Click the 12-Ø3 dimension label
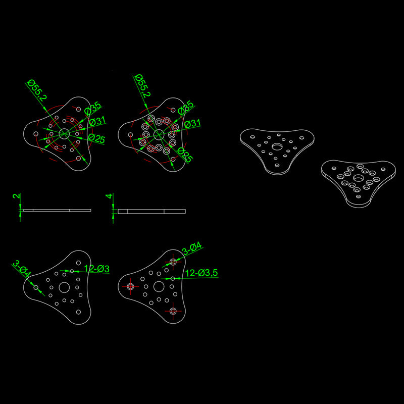(x=97, y=269)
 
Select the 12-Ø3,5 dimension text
(x=201, y=273)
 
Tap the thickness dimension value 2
(x=16, y=196)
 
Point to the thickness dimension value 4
(x=109, y=196)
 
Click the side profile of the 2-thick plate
(x=57, y=210)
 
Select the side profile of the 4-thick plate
(x=152, y=211)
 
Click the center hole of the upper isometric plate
(x=277, y=147)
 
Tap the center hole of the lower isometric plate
(x=358, y=178)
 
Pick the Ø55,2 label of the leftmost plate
(x=37, y=90)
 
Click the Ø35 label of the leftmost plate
(x=93, y=108)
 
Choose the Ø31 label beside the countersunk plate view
(x=192, y=124)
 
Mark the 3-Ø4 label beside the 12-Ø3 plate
(x=22, y=269)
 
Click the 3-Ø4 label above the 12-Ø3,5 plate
(x=192, y=248)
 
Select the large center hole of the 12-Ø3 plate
(x=64, y=287)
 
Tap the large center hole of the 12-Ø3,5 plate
(x=159, y=286)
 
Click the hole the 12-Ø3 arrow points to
(x=72, y=271)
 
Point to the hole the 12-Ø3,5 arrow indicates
(x=173, y=279)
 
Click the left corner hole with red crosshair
(x=130, y=286)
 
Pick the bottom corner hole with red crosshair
(x=173, y=311)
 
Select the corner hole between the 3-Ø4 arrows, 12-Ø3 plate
(x=36, y=287)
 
